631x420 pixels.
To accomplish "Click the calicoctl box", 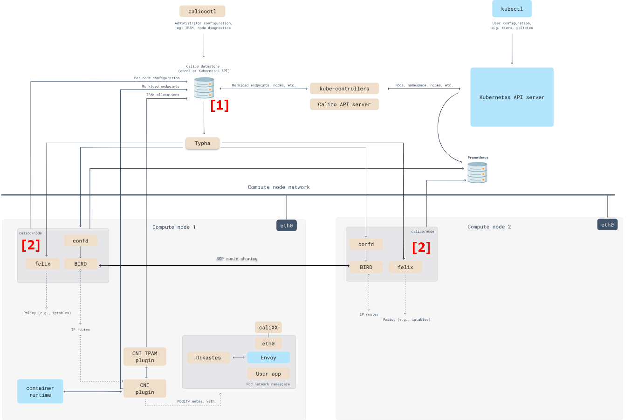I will pos(202,11).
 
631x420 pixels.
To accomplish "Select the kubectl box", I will pos(512,9).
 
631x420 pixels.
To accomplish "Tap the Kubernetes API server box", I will pos(512,97).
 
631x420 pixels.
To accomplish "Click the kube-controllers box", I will pos(344,89).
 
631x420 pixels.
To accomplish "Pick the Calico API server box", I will pos(344,104).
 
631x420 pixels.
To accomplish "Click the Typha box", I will pos(202,143).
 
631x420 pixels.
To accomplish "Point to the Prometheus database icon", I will pos(477,172).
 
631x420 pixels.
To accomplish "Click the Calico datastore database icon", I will pos(204,88).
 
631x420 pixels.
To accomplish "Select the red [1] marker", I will pos(219,105).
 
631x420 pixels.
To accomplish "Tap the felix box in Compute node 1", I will pos(42,264).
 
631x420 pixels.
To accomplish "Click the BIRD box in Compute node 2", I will pos(366,267).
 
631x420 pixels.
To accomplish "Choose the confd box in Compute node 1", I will pos(81,241).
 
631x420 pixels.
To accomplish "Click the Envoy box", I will pos(268,358).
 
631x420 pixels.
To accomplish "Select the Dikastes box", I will pos(208,358).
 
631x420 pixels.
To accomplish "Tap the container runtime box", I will pos(40,392).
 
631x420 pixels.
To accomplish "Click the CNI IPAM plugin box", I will pos(144,357).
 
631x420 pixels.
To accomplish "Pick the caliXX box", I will pos(268,327).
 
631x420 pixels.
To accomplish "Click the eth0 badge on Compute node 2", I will pos(607,225).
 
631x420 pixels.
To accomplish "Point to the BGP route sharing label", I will pos(237,259).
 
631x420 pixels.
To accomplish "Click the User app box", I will pos(268,374).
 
